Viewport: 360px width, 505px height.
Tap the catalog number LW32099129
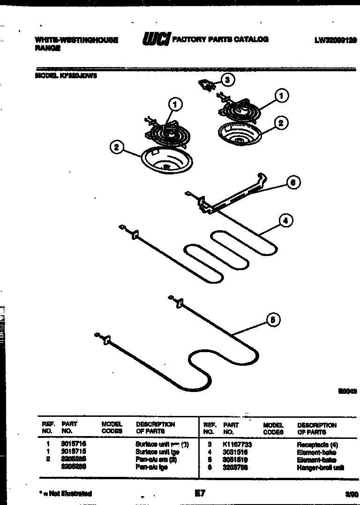pyautogui.click(x=335, y=40)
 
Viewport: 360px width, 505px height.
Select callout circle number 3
pyautogui.click(x=227, y=80)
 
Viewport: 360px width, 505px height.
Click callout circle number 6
pyautogui.click(x=293, y=182)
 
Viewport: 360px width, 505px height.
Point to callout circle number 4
pyautogui.click(x=285, y=220)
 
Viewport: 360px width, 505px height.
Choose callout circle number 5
pyautogui.click(x=273, y=320)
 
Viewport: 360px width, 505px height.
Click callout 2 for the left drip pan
pyautogui.click(x=117, y=147)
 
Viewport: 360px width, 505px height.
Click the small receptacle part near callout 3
pyautogui.click(x=207, y=84)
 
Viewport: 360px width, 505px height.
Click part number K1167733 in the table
pyautogui.click(x=239, y=444)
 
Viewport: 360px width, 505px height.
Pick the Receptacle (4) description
pyautogui.click(x=317, y=444)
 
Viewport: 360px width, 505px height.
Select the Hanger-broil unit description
pyautogui.click(x=320, y=467)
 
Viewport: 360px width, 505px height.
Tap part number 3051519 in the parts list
pyautogui.click(x=235, y=460)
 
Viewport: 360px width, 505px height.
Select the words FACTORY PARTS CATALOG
pyautogui.click(x=220, y=39)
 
